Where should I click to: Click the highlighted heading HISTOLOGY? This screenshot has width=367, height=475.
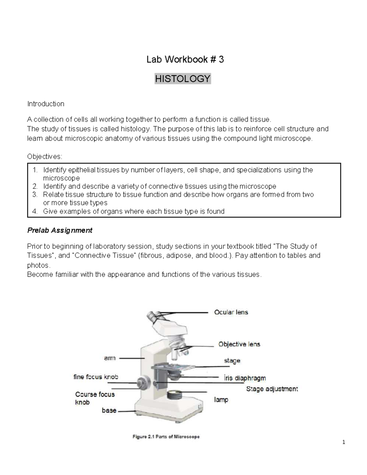pos(183,79)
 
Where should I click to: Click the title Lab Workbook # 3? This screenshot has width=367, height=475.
pos(185,59)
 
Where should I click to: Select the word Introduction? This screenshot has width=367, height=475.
pos(46,104)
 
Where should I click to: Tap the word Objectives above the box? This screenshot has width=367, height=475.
pos(44,157)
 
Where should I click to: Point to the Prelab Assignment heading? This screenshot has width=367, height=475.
pos(60,230)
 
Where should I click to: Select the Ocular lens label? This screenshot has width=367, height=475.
pos(231,312)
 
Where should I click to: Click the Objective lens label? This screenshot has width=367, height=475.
pos(239,344)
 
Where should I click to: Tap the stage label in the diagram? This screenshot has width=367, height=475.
pos(232,361)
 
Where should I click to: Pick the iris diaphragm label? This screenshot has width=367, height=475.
pos(245,378)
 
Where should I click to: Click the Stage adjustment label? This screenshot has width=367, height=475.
pos(272,389)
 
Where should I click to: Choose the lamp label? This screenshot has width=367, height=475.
pos(221,399)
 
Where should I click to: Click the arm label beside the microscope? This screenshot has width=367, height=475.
pos(109,358)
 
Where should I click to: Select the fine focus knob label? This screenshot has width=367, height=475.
pos(95,377)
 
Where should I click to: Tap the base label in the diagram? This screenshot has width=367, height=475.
pos(109,410)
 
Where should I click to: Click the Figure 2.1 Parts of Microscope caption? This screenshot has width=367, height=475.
pos(166,437)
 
